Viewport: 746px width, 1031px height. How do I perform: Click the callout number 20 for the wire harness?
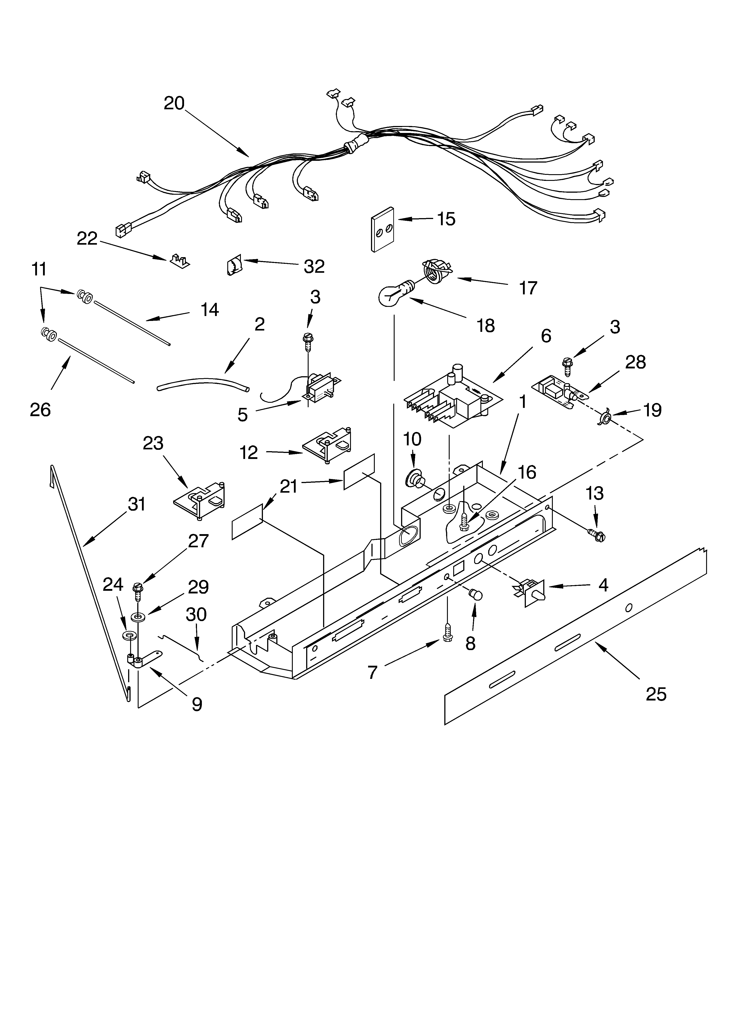(174, 104)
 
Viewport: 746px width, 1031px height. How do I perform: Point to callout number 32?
(314, 266)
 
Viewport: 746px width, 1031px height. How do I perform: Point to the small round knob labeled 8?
(475, 594)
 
